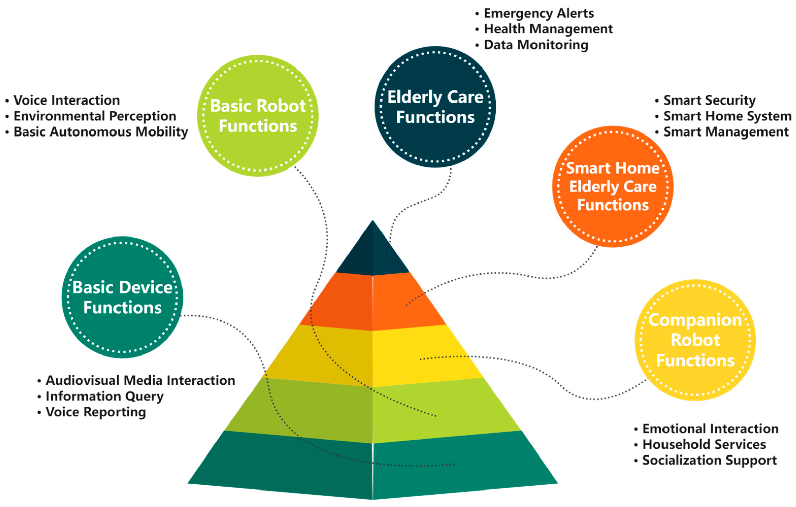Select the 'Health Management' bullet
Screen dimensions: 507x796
(548, 29)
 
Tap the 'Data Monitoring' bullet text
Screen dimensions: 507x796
(536, 45)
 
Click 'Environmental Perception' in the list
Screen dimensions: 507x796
(95, 116)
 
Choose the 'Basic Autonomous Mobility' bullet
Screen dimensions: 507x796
(101, 132)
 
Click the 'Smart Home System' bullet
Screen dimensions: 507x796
(727, 116)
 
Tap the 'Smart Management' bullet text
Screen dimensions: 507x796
(726, 132)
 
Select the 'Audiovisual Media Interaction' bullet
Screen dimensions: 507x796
(140, 380)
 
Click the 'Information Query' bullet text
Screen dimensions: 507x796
(105, 396)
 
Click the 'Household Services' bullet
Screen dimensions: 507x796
(704, 445)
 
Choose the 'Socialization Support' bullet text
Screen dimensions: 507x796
(709, 460)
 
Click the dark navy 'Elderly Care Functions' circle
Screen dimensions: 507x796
(435, 107)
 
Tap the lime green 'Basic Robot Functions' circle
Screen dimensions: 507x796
(258, 116)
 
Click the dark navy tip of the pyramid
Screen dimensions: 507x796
(373, 255)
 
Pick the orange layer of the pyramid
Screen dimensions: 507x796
(373, 302)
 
